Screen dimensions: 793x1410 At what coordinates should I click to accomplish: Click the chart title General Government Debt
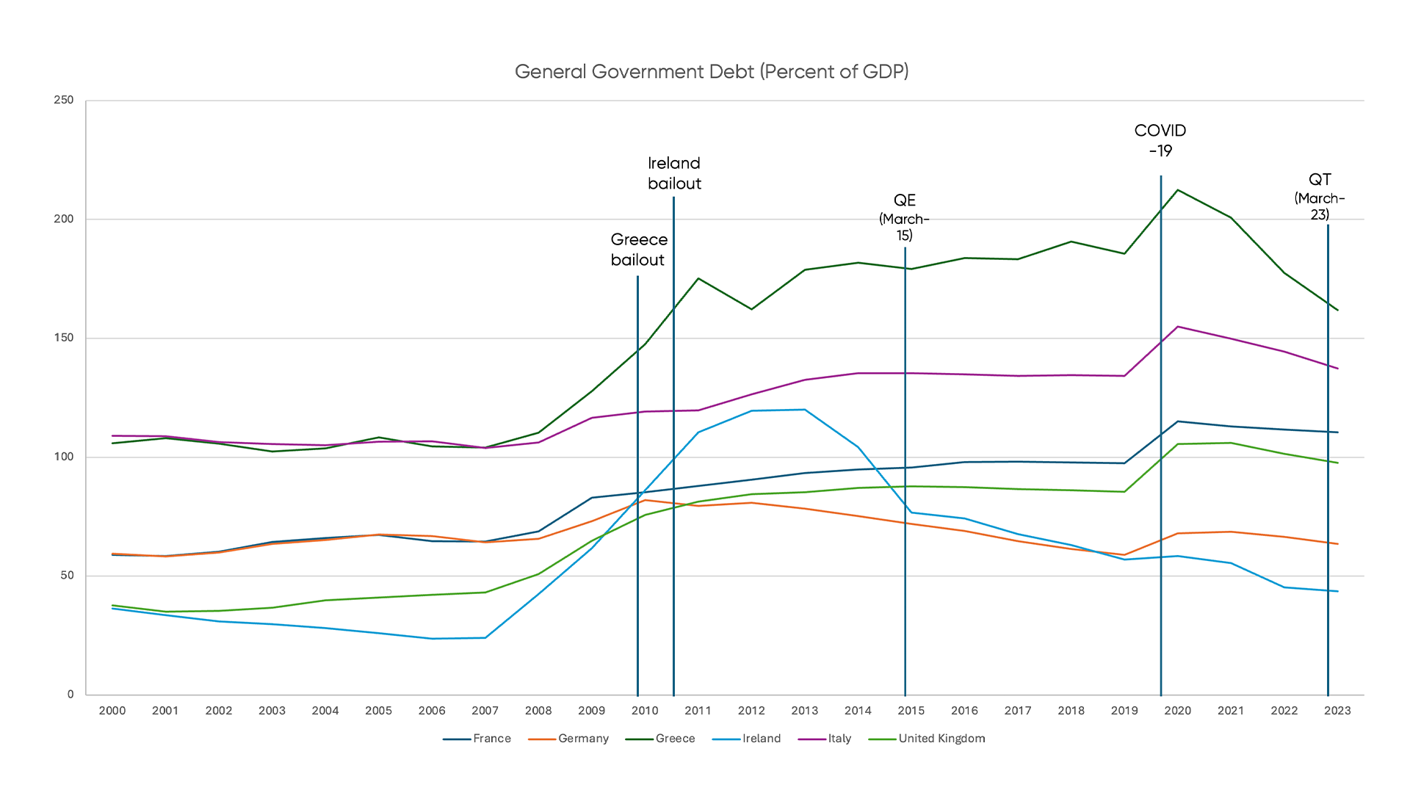click(x=711, y=71)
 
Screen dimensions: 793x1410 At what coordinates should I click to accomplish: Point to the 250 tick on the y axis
click(x=64, y=100)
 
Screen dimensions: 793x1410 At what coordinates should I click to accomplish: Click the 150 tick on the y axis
click(x=64, y=338)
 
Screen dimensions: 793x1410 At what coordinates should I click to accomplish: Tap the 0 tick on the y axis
click(x=70, y=694)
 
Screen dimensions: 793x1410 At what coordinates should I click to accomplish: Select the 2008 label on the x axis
click(x=538, y=711)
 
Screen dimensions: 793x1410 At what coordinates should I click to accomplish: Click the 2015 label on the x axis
click(x=911, y=711)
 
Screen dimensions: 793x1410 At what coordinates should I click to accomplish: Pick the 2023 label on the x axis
click(x=1337, y=711)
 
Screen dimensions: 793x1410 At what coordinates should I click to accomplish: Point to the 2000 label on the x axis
click(x=112, y=711)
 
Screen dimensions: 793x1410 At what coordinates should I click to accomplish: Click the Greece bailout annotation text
click(x=638, y=250)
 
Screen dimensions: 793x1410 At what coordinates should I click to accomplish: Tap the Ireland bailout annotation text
click(x=674, y=173)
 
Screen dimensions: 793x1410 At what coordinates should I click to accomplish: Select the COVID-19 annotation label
click(x=1160, y=140)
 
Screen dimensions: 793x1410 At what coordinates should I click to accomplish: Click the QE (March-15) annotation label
click(x=904, y=217)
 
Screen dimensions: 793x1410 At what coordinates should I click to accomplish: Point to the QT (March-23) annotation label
click(x=1320, y=197)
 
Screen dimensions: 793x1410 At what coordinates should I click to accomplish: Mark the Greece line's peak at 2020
click(x=1177, y=190)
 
